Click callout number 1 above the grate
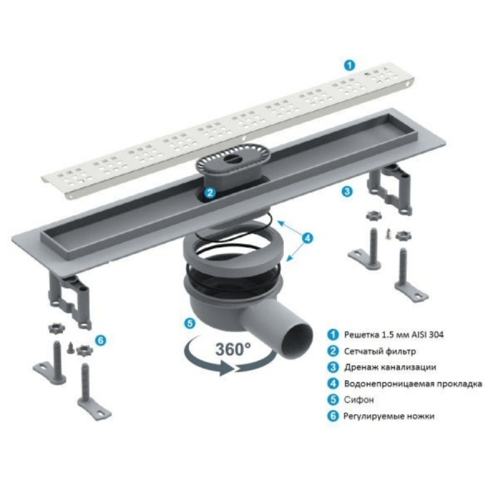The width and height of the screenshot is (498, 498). coord(349,66)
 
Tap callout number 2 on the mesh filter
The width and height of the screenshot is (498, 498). coord(210,193)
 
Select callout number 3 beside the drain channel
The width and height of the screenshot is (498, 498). coord(347,191)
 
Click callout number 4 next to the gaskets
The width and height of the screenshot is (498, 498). coord(307,237)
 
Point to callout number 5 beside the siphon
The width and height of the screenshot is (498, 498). coord(189,324)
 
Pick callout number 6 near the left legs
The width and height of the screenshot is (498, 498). coord(100,340)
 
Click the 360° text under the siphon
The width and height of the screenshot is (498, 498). coord(232,349)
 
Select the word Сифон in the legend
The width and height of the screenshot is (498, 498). coord(359,399)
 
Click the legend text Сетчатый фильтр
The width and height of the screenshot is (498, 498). coord(380,351)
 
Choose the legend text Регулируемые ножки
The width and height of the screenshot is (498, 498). coord(388,416)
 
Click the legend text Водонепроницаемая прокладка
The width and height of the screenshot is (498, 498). coord(413,383)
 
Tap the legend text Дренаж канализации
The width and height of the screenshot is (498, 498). coord(390,367)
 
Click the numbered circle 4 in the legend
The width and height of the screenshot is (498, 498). coord(333,383)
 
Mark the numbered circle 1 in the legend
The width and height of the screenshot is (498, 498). coord(333,334)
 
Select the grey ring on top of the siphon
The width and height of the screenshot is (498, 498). coord(233,244)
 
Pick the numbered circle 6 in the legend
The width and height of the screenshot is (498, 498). coord(333,416)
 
